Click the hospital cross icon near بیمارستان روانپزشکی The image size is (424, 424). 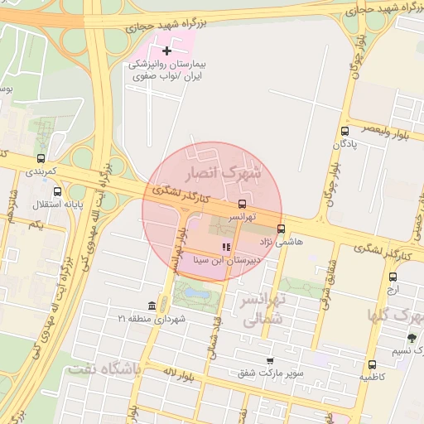coord(168,51)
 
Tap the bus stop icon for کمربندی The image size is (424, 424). coord(41,158)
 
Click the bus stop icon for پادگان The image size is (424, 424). coord(344,131)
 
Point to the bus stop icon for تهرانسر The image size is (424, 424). coord(242,203)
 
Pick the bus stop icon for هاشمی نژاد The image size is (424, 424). coord(281,229)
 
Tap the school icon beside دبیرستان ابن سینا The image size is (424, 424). coord(226,246)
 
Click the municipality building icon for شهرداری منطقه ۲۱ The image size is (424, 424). coord(151,306)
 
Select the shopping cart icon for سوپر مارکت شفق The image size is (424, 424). coord(270,360)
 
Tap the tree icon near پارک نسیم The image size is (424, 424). coord(412,337)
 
